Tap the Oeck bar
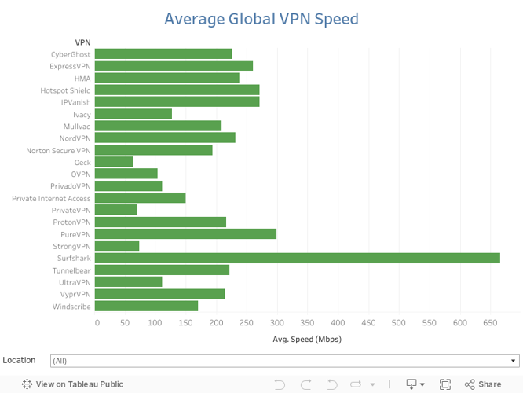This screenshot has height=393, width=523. pyautogui.click(x=114, y=162)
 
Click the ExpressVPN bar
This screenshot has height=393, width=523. pyautogui.click(x=174, y=66)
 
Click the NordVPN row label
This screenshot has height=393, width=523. pyautogui.click(x=76, y=138)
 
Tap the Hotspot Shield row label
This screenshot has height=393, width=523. pyautogui.click(x=66, y=90)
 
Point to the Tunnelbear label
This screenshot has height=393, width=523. pyautogui.click(x=71, y=270)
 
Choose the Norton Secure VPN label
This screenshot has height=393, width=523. pyautogui.click(x=59, y=150)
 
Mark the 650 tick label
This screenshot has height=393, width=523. pyautogui.click(x=490, y=323)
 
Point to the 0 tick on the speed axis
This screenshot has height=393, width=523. pyautogui.click(x=97, y=323)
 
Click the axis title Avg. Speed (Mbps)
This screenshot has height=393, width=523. pyautogui.click(x=307, y=340)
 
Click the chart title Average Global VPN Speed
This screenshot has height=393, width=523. pyautogui.click(x=261, y=19)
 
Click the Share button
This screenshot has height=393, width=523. pyautogui.click(x=483, y=384)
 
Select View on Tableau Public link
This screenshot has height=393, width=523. pyautogui.click(x=72, y=384)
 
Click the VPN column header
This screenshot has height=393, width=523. pyautogui.click(x=82, y=42)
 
